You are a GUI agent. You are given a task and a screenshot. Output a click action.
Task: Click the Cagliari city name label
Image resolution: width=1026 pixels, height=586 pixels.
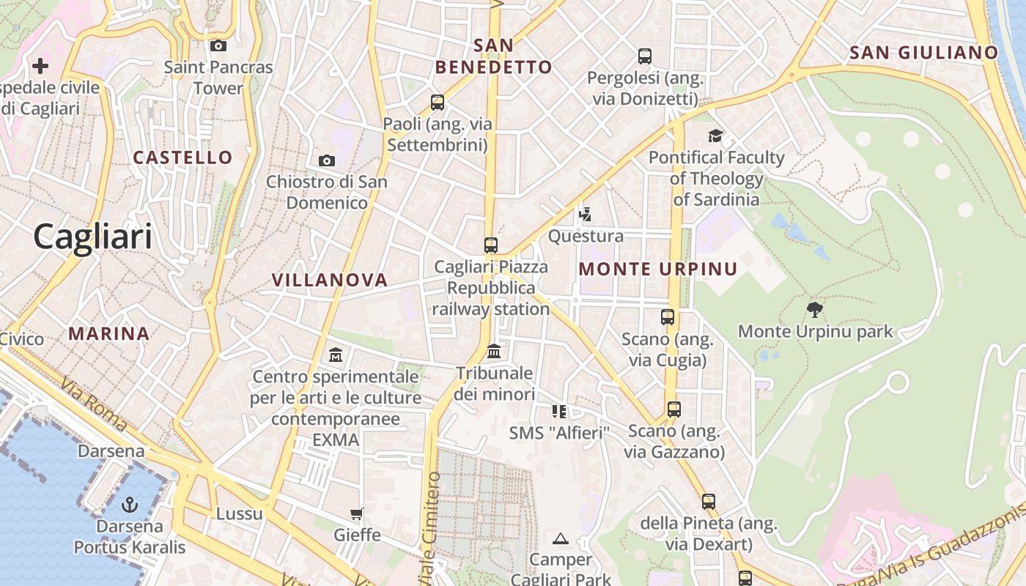coord(93,237)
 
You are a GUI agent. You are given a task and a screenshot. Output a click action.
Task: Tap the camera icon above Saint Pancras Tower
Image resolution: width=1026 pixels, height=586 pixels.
coord(218,45)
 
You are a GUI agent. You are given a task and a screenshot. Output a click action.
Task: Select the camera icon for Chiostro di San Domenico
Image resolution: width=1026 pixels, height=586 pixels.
coord(327,160)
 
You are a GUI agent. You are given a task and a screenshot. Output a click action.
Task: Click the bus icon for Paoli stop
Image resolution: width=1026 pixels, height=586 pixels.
coord(438,103)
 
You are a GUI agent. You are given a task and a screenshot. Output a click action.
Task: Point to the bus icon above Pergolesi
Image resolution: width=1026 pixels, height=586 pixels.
coord(645,56)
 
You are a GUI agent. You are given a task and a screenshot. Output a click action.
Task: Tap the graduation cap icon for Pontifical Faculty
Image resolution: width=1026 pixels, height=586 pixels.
coord(715,136)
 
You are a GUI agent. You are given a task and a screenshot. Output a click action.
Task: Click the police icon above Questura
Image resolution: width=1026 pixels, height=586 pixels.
coord(585,214)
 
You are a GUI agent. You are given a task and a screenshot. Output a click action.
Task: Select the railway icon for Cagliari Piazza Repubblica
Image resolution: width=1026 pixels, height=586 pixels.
coord(491,245)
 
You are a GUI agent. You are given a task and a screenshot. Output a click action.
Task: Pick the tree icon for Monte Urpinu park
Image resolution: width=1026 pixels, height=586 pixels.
coord(814,309)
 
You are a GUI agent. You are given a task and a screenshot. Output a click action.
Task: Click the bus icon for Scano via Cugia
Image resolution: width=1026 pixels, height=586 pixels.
coord(668,317)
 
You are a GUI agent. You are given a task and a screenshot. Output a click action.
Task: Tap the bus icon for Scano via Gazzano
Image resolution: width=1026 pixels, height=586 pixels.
coord(674,409)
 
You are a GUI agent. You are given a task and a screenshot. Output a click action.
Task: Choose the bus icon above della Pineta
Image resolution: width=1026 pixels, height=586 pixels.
coord(708,502)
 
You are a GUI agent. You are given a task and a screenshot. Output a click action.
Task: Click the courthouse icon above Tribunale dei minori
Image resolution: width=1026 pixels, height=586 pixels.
coord(494,352)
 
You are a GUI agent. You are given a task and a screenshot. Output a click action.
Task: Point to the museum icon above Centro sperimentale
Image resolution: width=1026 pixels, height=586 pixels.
coord(336,355)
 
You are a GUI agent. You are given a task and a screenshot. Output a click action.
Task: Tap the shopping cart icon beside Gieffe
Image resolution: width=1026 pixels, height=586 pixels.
coord(357,513)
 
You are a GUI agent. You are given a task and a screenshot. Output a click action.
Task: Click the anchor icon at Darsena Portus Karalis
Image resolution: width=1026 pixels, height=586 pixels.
coord(129,505)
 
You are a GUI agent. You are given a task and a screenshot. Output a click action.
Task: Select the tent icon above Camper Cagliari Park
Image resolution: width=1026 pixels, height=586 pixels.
coord(561,539)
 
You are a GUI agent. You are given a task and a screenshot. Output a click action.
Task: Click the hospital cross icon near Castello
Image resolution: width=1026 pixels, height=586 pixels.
coord(40,66)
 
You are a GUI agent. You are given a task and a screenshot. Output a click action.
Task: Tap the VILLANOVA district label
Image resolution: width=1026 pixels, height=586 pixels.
coord(330,280)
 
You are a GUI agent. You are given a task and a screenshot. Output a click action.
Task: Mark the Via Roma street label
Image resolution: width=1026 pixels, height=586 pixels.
coord(95,404)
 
